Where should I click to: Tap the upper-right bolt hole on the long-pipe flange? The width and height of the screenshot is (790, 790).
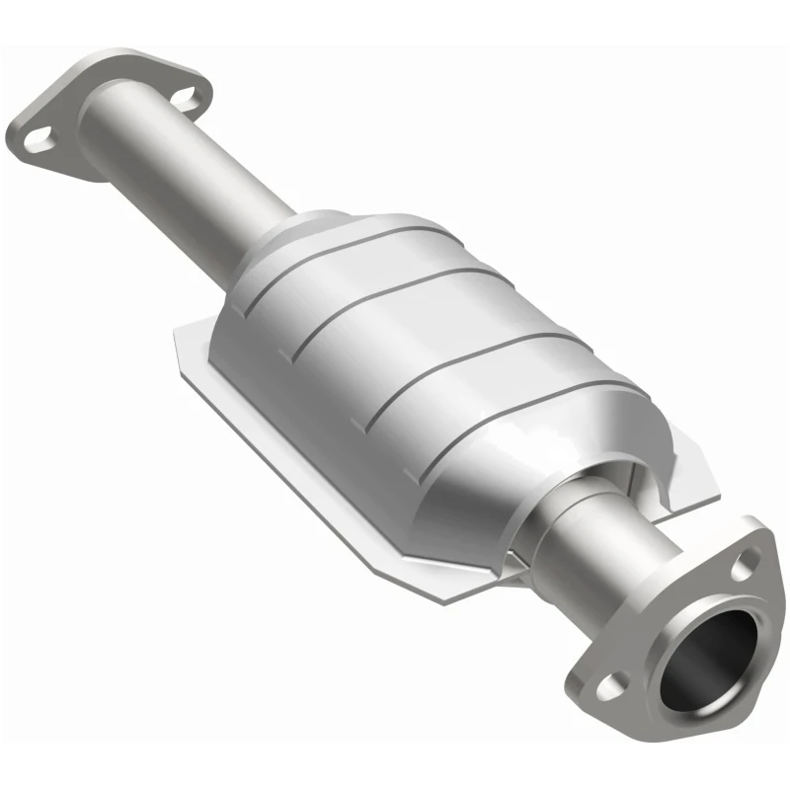click(x=188, y=96)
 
